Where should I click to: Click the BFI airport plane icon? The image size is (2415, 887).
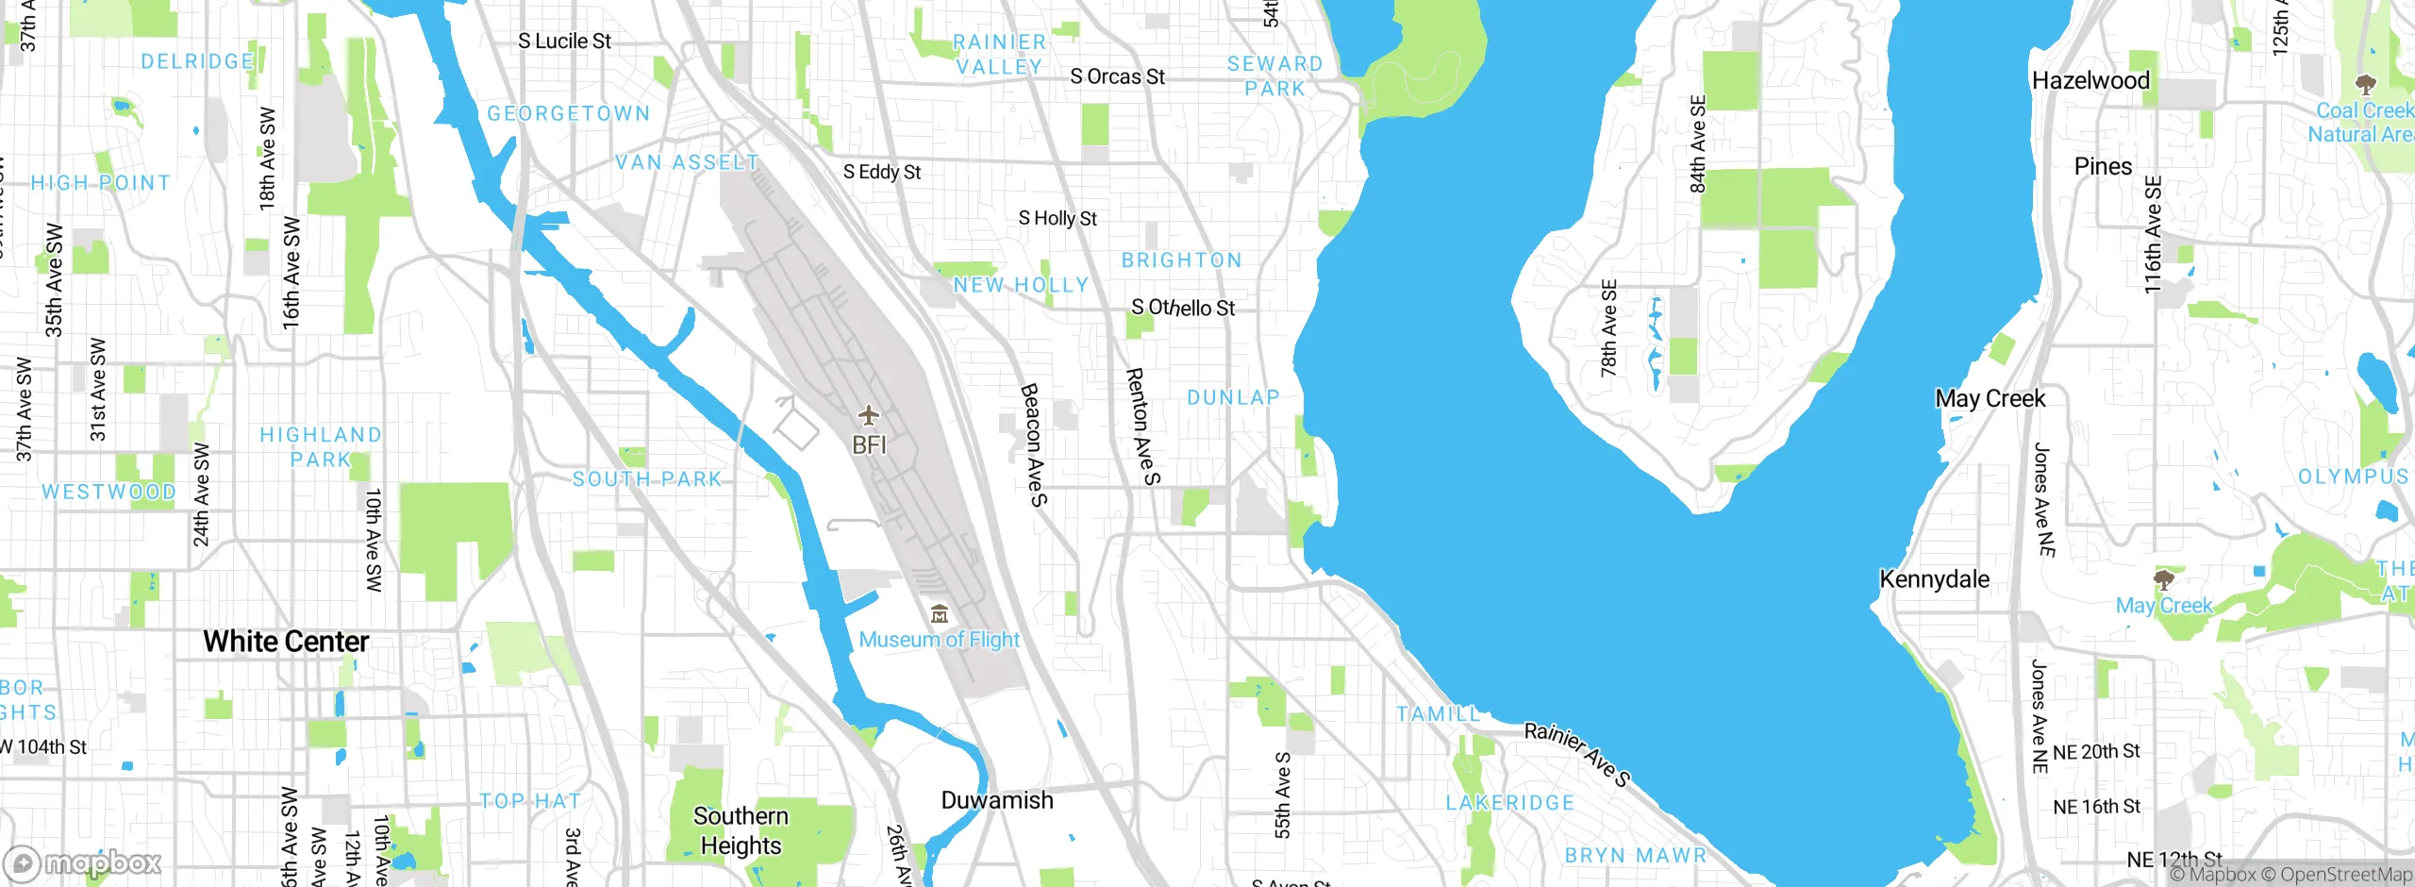(868, 415)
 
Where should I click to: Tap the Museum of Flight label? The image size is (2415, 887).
(940, 640)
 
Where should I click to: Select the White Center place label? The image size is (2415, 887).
(286, 642)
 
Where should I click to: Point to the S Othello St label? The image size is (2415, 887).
(1183, 308)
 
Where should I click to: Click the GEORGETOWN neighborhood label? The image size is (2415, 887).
(569, 113)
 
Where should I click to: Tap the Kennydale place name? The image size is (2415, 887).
(1934, 578)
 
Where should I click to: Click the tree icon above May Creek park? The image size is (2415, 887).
(2163, 578)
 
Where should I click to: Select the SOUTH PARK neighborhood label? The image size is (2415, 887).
(647, 479)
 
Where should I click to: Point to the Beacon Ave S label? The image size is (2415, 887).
(1035, 444)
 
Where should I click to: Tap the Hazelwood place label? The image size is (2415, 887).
(2090, 80)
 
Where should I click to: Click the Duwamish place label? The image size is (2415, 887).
(997, 800)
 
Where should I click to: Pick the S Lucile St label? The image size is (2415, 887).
(564, 41)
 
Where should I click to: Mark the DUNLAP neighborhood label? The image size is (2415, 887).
(1233, 397)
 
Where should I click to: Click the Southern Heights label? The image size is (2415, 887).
(741, 830)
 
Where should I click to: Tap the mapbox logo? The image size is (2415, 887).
(83, 863)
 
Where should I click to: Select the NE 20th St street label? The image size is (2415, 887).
(2096, 751)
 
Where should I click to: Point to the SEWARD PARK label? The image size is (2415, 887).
(1274, 75)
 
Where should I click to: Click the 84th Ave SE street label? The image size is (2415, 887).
(1698, 143)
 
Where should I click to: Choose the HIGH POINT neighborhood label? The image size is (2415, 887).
(101, 182)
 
